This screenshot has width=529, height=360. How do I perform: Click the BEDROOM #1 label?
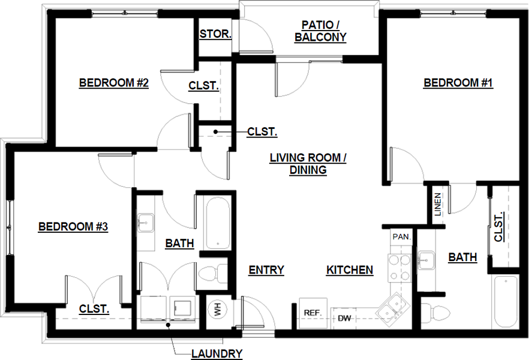(x=458, y=83)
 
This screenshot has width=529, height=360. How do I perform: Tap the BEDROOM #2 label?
(x=114, y=83)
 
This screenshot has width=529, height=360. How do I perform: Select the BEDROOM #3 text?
(x=73, y=227)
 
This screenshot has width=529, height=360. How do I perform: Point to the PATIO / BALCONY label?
(x=321, y=31)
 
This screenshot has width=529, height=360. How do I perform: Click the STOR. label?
(x=215, y=34)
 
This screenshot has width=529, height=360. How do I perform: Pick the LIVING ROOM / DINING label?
(x=308, y=164)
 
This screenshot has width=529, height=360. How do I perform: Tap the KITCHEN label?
(x=350, y=270)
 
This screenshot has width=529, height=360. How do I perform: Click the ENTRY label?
(x=266, y=270)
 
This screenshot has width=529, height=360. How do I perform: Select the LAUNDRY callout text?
(x=217, y=353)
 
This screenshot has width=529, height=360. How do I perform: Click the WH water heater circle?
(x=217, y=310)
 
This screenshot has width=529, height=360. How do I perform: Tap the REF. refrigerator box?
(x=312, y=313)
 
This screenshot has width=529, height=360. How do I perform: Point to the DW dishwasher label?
(x=344, y=317)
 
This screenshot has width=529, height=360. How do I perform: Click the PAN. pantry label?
(x=401, y=237)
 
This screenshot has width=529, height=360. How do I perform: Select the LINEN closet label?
(x=437, y=204)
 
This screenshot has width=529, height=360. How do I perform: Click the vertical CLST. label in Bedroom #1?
(x=499, y=227)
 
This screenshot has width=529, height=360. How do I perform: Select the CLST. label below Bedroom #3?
(x=94, y=309)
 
